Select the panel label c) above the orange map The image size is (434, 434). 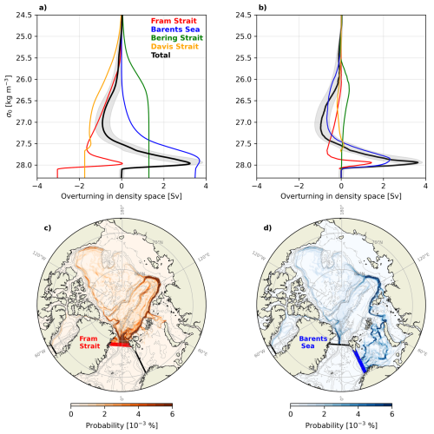(x=49, y=228)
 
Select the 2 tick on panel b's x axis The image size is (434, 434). (x=383, y=185)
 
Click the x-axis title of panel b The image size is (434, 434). (x=340, y=196)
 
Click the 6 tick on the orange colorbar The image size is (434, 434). (x=173, y=414)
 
